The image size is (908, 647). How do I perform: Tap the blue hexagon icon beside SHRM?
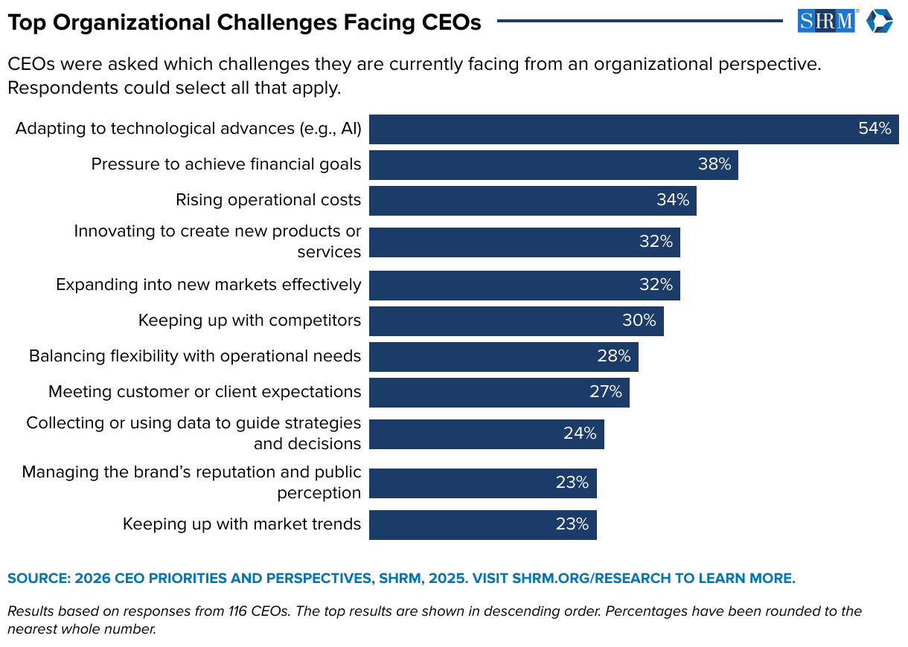(x=879, y=21)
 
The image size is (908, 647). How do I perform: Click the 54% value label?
(x=875, y=129)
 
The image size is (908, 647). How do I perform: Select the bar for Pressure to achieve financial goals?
(x=553, y=164)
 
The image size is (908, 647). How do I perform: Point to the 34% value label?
(x=673, y=200)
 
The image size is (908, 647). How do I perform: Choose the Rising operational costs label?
(x=268, y=200)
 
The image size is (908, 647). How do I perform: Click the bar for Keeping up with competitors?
(x=516, y=321)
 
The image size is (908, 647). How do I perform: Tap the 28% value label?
(x=613, y=356)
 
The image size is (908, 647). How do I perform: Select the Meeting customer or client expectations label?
(x=205, y=392)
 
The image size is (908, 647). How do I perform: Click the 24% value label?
(x=580, y=434)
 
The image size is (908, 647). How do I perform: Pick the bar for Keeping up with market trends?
(x=482, y=524)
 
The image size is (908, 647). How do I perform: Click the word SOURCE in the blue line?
(x=37, y=579)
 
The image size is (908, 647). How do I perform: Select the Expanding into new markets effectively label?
(x=208, y=285)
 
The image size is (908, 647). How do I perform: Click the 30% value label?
(x=639, y=321)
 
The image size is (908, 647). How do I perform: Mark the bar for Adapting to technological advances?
(x=633, y=129)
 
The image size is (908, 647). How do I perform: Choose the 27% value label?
(x=606, y=392)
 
